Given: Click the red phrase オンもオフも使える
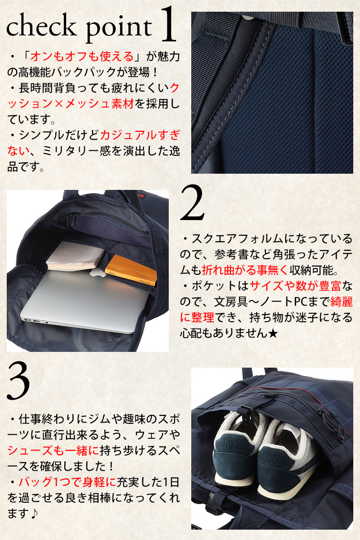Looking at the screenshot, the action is pyautogui.click(x=82, y=57).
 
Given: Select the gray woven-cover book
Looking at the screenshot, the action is pyautogui.click(x=76, y=256).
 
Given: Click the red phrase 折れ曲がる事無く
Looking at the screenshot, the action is pyautogui.click(x=245, y=270).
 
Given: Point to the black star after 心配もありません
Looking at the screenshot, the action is pyautogui.click(x=273, y=334).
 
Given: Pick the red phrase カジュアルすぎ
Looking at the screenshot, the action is pyautogui.click(x=140, y=136).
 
